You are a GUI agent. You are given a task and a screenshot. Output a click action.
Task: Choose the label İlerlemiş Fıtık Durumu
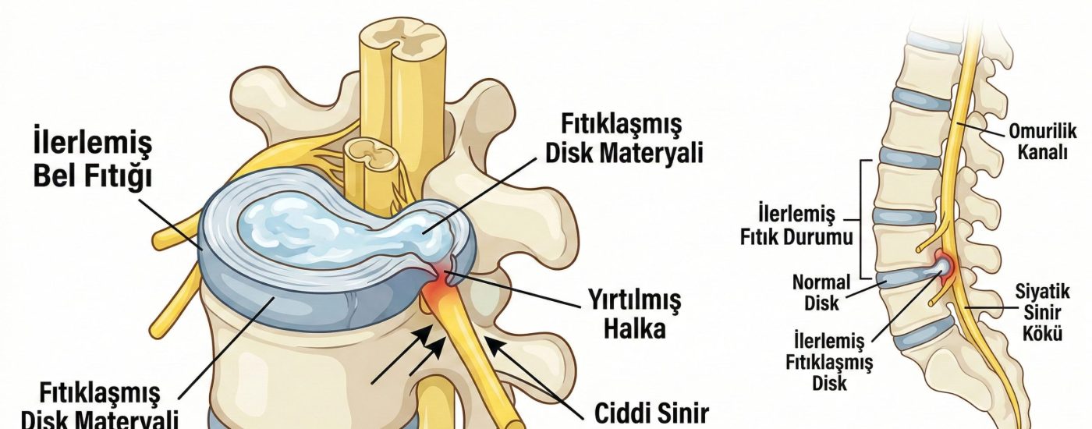[796, 225]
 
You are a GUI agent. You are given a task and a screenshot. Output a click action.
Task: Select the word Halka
[635, 328]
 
